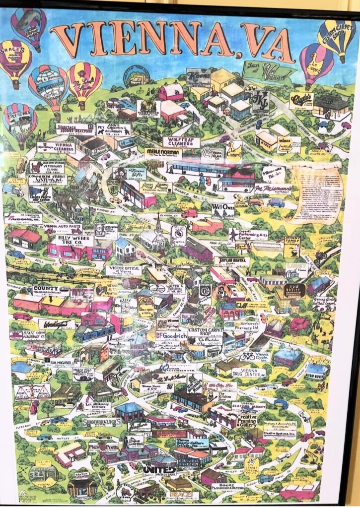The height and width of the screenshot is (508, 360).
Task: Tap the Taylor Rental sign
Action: (x=232, y=261)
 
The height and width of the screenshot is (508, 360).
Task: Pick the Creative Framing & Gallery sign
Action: (x=247, y=421)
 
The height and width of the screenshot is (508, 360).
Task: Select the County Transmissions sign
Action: (x=51, y=290)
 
